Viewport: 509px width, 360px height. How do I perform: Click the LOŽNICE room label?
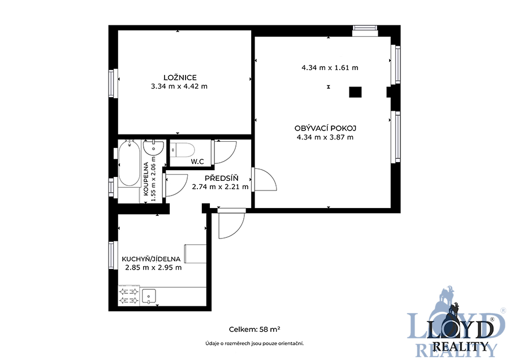pyautogui.click(x=180, y=77)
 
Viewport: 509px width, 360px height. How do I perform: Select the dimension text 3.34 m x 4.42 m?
pyautogui.click(x=179, y=86)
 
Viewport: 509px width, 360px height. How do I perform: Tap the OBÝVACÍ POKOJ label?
pyautogui.click(x=325, y=128)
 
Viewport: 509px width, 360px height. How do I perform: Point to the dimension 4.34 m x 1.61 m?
pyautogui.click(x=330, y=68)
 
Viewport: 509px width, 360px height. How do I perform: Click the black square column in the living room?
pyautogui.click(x=355, y=92)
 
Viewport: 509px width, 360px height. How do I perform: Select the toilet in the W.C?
pyautogui.click(x=182, y=150)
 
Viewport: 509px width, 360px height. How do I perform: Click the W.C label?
pyautogui.click(x=197, y=162)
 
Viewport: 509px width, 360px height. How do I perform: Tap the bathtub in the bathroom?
pyautogui.click(x=129, y=163)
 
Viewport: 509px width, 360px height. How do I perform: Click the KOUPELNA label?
pyautogui.click(x=146, y=179)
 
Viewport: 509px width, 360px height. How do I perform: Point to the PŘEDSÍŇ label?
pyautogui.click(x=221, y=178)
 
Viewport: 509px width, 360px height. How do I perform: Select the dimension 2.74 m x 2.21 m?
pyautogui.click(x=220, y=187)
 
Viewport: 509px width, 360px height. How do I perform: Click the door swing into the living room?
pyautogui.click(x=265, y=179)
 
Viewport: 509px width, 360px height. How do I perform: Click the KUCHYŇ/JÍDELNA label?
pyautogui.click(x=151, y=259)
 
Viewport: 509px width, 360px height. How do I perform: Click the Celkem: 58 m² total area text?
pyautogui.click(x=255, y=329)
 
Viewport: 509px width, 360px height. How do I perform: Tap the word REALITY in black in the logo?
pyautogui.click(x=460, y=346)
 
